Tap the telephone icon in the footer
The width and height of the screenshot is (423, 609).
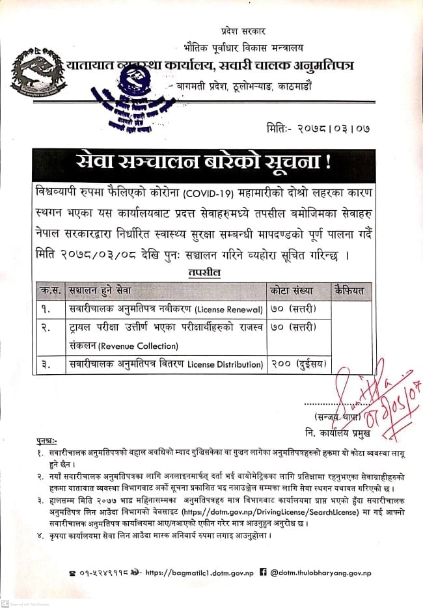(x=72, y=573)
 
